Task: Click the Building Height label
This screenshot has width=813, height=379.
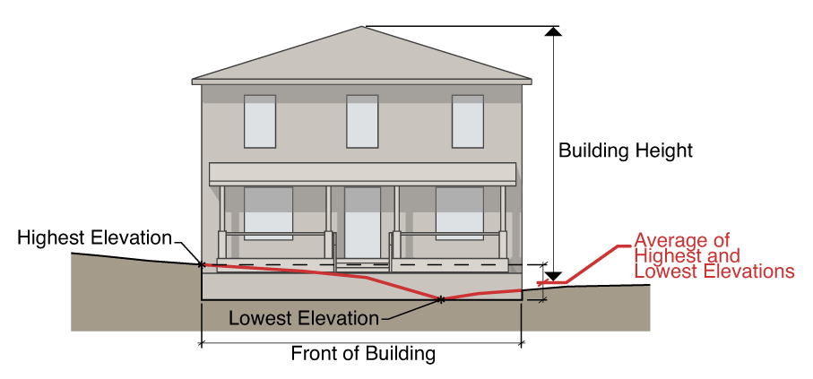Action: tap(625, 150)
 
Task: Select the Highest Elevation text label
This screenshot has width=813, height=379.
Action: tap(94, 238)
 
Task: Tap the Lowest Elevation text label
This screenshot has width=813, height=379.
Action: tap(304, 317)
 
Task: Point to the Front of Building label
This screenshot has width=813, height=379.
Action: tap(363, 353)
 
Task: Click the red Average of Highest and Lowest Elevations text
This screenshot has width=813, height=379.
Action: tap(714, 255)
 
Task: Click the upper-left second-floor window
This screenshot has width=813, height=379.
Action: tap(260, 121)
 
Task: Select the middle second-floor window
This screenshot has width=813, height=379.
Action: tap(362, 121)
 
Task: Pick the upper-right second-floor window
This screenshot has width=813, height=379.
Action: tap(467, 121)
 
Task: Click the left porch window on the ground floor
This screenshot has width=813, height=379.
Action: tap(268, 213)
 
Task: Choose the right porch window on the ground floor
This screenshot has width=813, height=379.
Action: tap(459, 213)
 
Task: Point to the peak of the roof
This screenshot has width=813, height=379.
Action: tap(362, 28)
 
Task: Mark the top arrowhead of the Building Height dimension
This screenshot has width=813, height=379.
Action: tap(554, 32)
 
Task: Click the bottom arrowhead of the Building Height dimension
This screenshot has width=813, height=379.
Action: tap(554, 276)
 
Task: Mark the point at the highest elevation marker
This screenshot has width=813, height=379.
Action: tap(201, 264)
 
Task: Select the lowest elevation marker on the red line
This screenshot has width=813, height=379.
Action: tap(441, 298)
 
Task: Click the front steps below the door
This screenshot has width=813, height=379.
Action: tap(362, 266)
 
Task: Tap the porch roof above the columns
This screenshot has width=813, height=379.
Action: tap(362, 174)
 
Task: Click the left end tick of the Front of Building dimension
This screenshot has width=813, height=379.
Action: tap(201, 342)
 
